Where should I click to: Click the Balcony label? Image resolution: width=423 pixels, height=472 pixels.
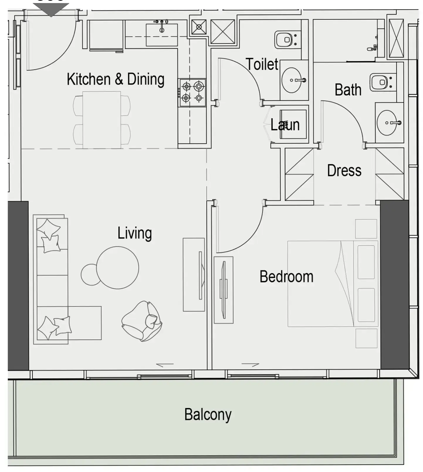208,414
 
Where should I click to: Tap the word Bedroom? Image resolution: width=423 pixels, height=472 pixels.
286,277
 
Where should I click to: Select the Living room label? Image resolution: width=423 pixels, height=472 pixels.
135,233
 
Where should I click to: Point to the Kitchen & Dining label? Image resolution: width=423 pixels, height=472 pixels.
116,79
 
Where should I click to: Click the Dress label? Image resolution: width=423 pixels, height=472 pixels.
344,171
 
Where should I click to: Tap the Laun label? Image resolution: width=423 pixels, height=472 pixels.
285,125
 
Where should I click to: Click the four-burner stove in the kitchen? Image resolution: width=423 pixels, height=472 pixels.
192,92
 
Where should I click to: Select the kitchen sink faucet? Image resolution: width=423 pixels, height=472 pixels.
162,26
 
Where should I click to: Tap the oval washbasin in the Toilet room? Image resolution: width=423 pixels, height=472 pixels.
292,80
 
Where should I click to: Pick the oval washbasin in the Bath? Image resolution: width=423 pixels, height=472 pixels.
388,123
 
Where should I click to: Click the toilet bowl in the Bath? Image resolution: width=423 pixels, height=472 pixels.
381,82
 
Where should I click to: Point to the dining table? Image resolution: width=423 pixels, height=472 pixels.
101,120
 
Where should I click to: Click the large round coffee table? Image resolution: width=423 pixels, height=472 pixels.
118,267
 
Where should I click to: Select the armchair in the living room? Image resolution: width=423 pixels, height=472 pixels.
142,321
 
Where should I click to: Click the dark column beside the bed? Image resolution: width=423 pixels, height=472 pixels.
395,284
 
